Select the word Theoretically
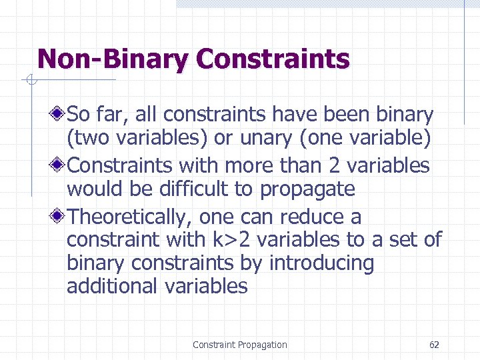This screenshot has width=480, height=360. pos(131,217)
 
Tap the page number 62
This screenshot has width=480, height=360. pos(434,345)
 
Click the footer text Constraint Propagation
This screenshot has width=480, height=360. pos(239,345)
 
